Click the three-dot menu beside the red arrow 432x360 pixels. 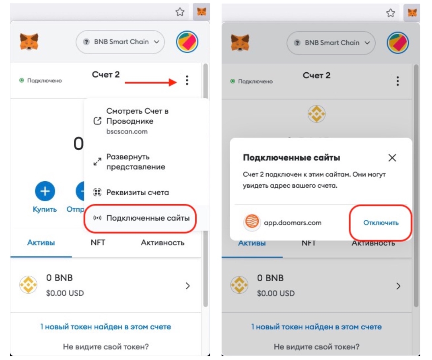pyautogui.click(x=187, y=80)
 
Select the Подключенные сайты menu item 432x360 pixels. pyautogui.click(x=148, y=218)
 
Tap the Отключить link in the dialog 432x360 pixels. pyautogui.click(x=381, y=223)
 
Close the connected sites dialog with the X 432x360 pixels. pyautogui.click(x=392, y=158)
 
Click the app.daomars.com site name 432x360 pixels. pyautogui.click(x=292, y=223)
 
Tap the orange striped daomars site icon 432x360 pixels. pyautogui.click(x=252, y=222)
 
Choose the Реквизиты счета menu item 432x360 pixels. pyautogui.click(x=138, y=192)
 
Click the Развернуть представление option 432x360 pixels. pyautogui.click(x=136, y=162)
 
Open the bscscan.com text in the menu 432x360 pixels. pyautogui.click(x=127, y=131)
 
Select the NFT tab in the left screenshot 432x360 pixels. pyautogui.click(x=98, y=242)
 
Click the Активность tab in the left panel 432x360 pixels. pyautogui.click(x=163, y=242)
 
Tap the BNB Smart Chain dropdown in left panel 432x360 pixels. pyautogui.click(x=120, y=42)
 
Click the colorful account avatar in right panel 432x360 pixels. pyautogui.click(x=397, y=43)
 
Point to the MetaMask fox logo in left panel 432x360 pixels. pyautogui.click(x=29, y=42)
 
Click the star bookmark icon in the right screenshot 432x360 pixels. pyautogui.click(x=391, y=13)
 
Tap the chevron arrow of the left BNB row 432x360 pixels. pyautogui.click(x=187, y=286)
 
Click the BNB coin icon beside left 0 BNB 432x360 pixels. pyautogui.click(x=28, y=284)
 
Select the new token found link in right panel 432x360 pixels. pyautogui.click(x=316, y=327)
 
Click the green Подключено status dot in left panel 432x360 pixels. pyautogui.click(x=21, y=80)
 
